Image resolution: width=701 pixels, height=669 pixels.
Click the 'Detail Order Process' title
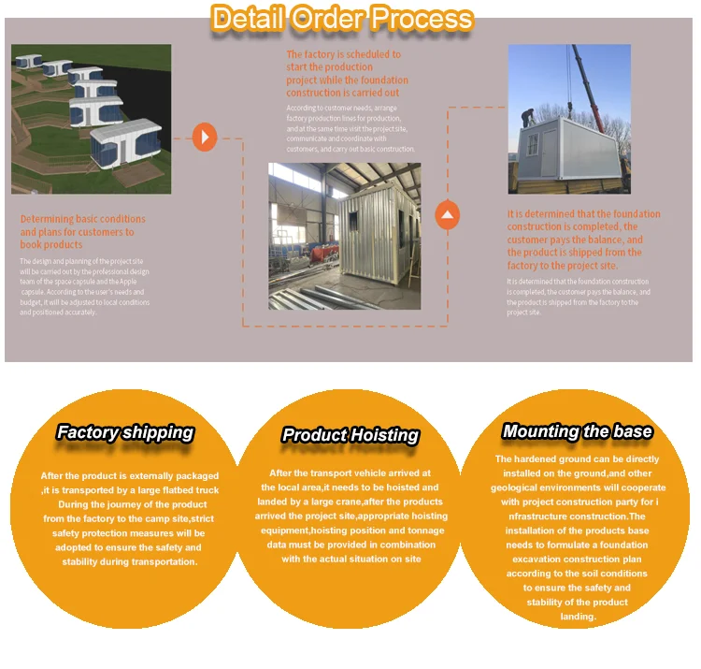coord(342,18)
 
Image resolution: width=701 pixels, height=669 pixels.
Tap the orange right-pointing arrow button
coord(204,138)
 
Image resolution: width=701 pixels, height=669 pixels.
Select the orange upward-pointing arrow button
coord(449,217)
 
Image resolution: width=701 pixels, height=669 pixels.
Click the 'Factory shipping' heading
coord(124,432)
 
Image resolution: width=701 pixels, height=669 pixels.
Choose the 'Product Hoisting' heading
coord(350,435)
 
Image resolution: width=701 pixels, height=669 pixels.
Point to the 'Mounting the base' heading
coord(577,431)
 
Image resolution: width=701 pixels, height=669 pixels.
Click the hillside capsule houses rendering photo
coord(92,119)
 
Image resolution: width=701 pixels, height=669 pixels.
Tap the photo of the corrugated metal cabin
coord(344,236)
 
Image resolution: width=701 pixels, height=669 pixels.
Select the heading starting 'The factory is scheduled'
coord(347,74)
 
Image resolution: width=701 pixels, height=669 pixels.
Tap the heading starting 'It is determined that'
coord(583,240)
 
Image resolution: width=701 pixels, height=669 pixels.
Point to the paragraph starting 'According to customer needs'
coord(350,128)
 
